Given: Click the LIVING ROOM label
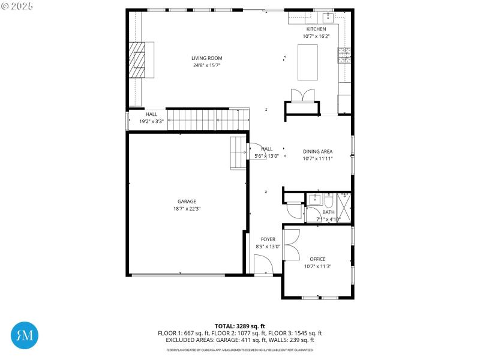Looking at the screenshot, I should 206,58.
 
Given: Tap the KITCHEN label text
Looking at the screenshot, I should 316,29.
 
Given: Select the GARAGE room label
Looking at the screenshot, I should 187,202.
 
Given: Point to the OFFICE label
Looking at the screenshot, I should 317,259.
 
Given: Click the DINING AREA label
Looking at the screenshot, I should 317,152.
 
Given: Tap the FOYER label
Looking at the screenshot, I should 268,239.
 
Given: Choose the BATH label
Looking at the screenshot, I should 328,212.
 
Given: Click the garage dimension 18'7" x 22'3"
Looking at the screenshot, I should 187,209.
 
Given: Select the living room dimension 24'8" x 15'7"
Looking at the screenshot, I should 206,65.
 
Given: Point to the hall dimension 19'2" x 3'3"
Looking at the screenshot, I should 151,121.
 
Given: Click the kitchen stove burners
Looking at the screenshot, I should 344,55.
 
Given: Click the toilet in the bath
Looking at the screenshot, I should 329,200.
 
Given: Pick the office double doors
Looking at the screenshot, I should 291,244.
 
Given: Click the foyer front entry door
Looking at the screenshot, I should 263,265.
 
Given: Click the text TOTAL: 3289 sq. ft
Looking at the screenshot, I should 239,326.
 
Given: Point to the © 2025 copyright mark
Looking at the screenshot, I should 18,5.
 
